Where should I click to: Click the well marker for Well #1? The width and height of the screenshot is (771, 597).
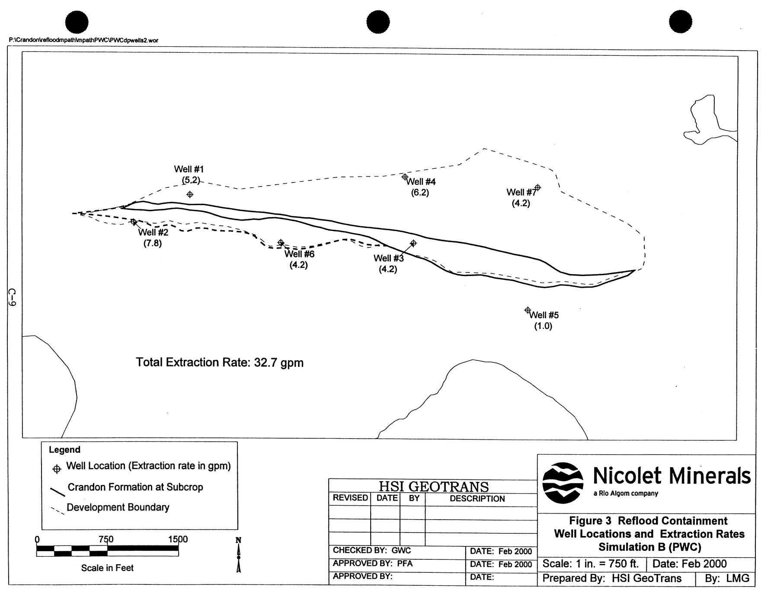tap(190, 195)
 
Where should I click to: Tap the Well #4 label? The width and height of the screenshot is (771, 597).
tap(421, 182)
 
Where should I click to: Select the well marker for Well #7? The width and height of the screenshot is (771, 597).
tap(537, 187)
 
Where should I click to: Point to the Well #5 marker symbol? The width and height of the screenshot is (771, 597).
tap(528, 310)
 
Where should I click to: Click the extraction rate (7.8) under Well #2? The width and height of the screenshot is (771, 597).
tap(153, 243)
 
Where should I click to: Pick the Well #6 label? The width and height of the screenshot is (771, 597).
tap(299, 254)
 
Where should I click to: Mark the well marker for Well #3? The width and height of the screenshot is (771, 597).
tap(413, 243)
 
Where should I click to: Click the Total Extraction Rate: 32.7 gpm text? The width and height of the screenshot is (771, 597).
tap(220, 363)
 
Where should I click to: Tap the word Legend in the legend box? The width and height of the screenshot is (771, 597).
tap(64, 450)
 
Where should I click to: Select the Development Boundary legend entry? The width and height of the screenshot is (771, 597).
tap(118, 507)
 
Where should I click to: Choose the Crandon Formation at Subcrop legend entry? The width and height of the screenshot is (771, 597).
tap(135, 487)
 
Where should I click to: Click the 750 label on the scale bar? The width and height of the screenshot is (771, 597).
tap(106, 539)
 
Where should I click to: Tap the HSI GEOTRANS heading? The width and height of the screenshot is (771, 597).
tap(434, 487)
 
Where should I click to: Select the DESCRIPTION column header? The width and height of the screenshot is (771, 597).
tap(477, 499)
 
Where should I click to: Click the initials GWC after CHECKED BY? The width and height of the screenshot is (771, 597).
tap(401, 551)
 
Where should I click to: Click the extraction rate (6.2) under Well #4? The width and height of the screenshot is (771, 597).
tap(420, 193)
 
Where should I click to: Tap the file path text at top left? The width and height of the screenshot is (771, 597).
tap(83, 40)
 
